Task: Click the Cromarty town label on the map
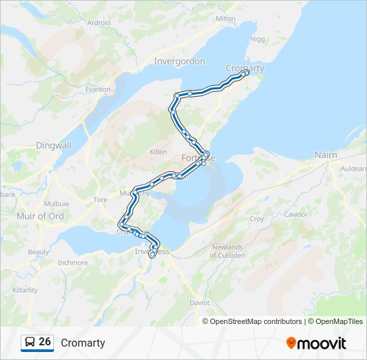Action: coord(245,68)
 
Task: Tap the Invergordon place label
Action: coord(179,61)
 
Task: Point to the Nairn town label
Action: coord(326,155)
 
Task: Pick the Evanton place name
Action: coord(97,89)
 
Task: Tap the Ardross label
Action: coord(99,22)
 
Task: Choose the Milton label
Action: coord(226,19)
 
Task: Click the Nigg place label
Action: coord(257,39)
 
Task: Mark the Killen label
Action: coord(158,152)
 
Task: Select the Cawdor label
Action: coord(296,214)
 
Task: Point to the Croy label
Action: coord(256,219)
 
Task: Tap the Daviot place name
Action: coord(200,303)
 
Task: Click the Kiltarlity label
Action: coord(25,291)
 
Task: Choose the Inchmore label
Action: coord(73,263)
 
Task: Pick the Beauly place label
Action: coord(38,252)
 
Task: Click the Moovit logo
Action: coord(316,343)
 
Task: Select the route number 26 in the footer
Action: coord(45,342)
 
